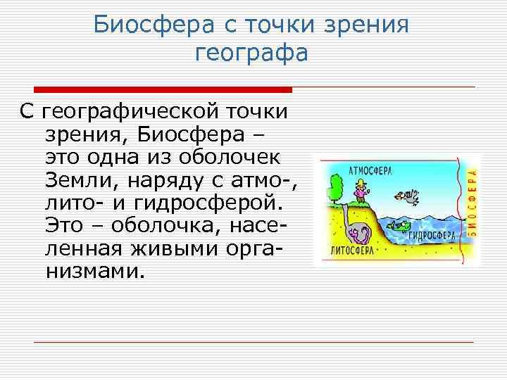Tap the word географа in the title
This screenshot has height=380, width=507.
pyautogui.click(x=251, y=53)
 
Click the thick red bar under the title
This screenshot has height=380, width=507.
pyautogui.click(x=163, y=90)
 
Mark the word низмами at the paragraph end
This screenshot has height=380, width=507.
pyautogui.click(x=95, y=271)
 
